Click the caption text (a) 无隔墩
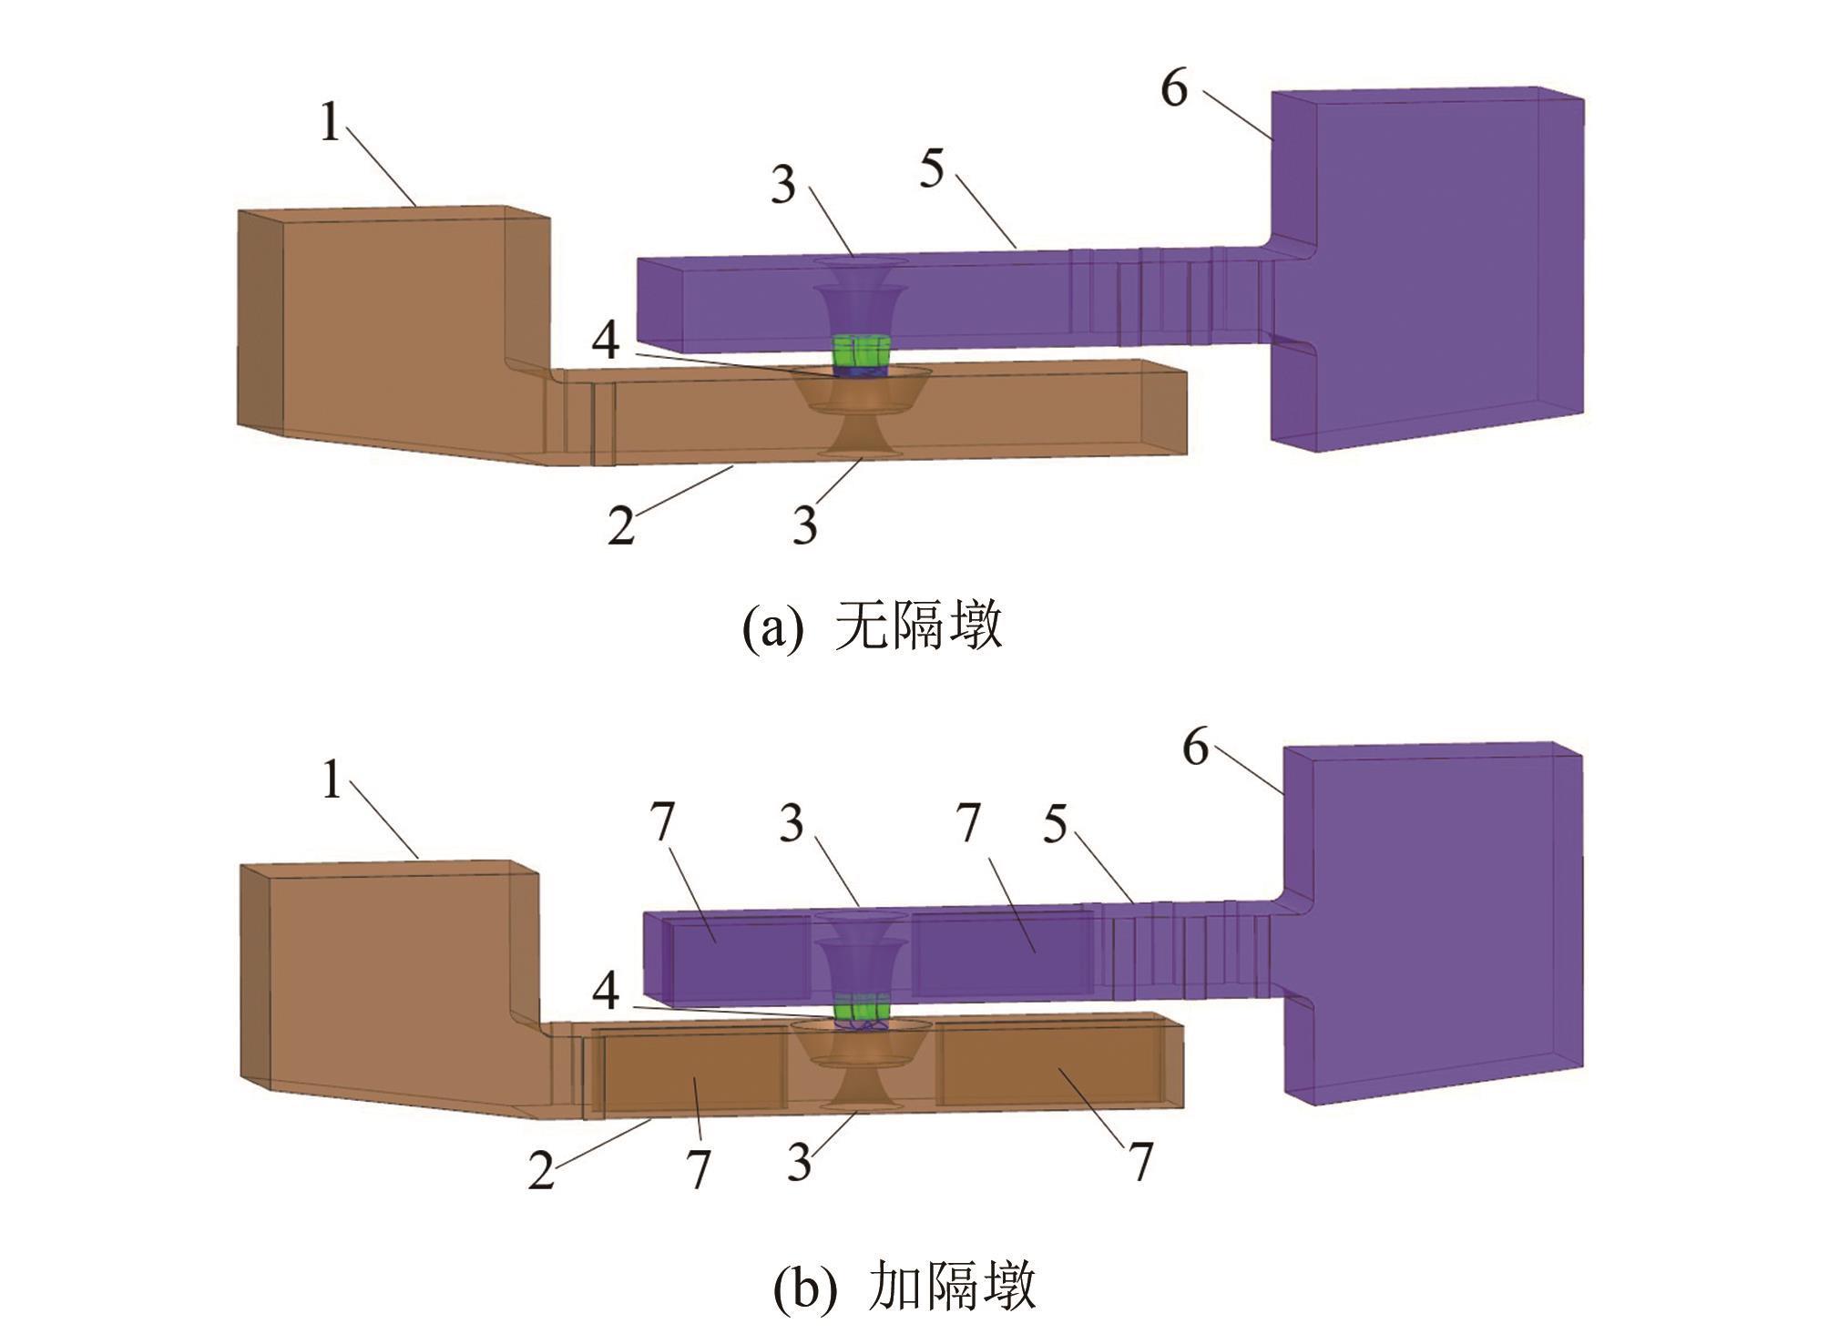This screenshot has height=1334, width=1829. click(872, 626)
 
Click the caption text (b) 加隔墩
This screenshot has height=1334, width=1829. click(904, 1287)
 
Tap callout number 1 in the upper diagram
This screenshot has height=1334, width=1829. click(330, 123)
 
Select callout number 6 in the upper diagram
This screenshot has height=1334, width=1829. click(1174, 89)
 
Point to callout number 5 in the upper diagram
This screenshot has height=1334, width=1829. click(931, 169)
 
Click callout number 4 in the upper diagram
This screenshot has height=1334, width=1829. click(606, 341)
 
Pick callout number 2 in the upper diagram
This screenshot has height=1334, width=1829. click(621, 525)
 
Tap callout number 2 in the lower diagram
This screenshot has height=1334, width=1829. click(541, 1170)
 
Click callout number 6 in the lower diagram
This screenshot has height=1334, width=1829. click(1195, 748)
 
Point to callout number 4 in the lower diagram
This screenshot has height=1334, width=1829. click(606, 991)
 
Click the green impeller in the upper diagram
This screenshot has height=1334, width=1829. click(861, 353)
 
